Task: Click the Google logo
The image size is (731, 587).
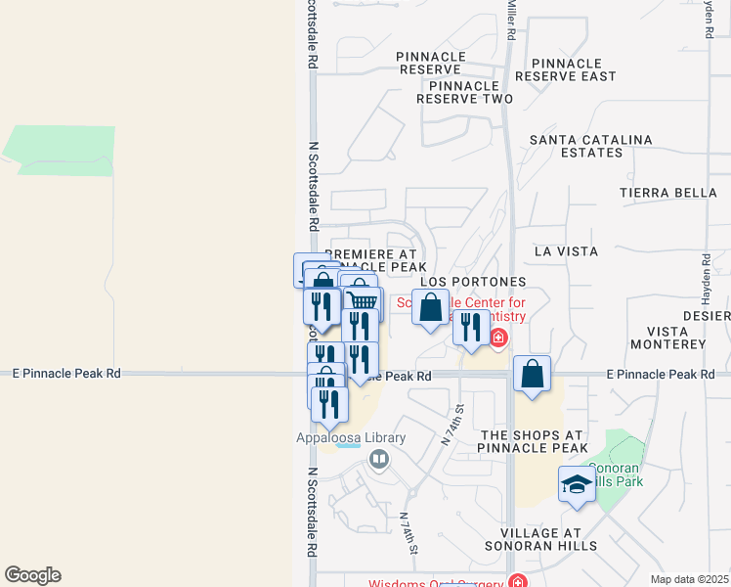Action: click(x=32, y=575)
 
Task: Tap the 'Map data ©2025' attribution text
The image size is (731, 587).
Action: click(x=689, y=579)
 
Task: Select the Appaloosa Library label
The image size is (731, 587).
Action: click(x=338, y=438)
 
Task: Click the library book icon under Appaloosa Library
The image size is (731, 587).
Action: click(x=378, y=458)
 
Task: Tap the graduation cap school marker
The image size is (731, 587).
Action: click(x=577, y=484)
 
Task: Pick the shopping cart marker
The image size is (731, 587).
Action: click(x=362, y=301)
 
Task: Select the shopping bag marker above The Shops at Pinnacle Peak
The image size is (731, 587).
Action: click(x=531, y=374)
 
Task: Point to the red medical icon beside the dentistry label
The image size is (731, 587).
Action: click(x=498, y=339)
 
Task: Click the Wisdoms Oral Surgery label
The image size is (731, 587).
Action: click(x=435, y=584)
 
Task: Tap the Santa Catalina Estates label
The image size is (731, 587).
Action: click(x=590, y=146)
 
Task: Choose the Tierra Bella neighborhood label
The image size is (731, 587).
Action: click(x=668, y=193)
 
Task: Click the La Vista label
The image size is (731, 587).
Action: click(x=566, y=251)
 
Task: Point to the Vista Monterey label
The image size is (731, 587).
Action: click(x=668, y=339)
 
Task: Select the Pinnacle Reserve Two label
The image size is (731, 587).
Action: click(x=464, y=92)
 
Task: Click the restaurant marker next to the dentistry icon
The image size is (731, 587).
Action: click(x=471, y=328)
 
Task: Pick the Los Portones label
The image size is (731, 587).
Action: click(x=473, y=282)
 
